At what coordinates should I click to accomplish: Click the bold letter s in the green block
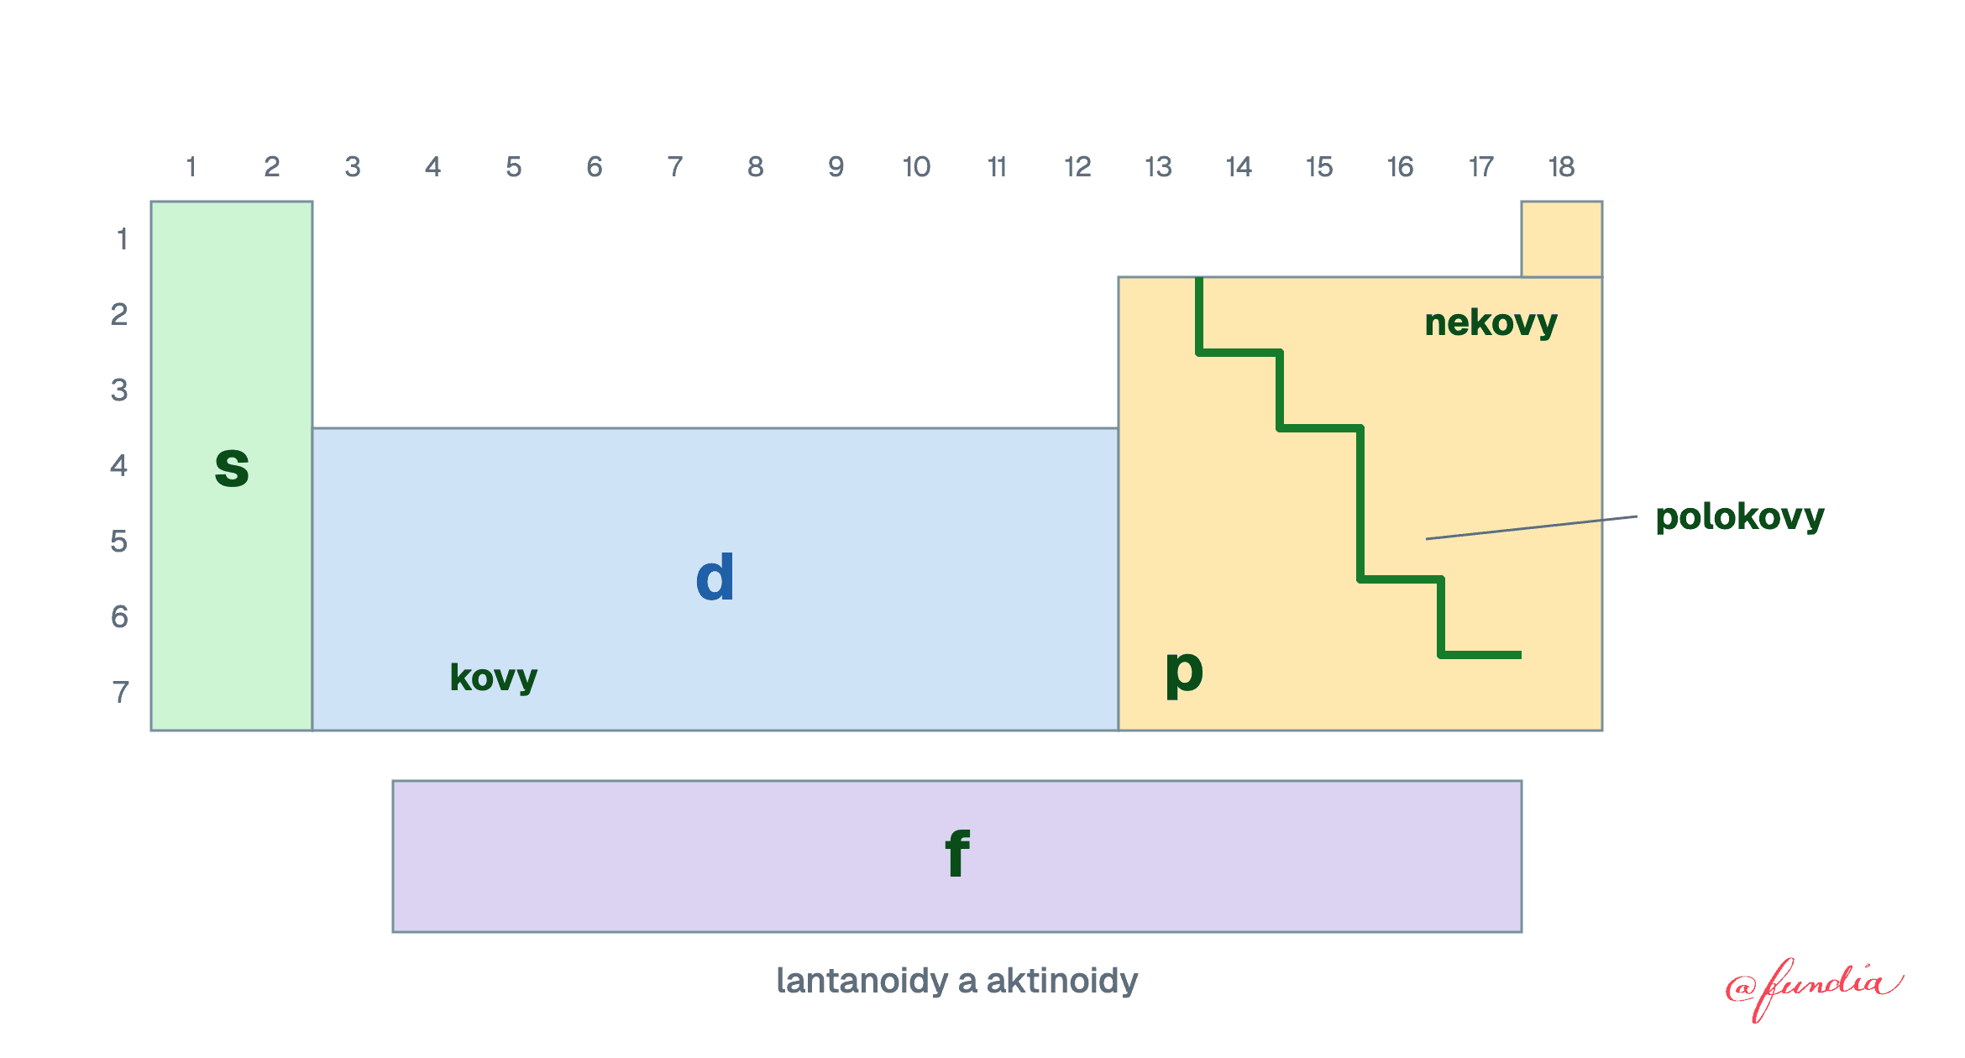[232, 467]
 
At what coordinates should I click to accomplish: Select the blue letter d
[715, 577]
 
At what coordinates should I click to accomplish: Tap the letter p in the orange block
[1184, 673]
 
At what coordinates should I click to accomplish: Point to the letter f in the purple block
[957, 853]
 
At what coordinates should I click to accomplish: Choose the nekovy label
[1491, 323]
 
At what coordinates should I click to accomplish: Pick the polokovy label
[1740, 517]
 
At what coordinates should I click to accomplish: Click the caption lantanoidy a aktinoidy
[957, 981]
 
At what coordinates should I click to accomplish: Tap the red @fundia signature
[1814, 988]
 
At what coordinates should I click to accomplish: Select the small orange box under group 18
[1562, 239]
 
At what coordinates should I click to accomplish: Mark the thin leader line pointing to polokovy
[1532, 527]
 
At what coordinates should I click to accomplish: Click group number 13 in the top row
[1158, 167]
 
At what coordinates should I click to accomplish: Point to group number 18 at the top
[1561, 167]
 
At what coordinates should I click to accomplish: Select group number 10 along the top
[916, 167]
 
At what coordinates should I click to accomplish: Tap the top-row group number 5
[514, 167]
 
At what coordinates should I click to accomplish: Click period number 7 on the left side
[121, 692]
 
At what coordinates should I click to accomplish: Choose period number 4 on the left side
[119, 465]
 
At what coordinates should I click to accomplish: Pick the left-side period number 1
[123, 239]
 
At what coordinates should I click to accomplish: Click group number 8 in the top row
[756, 167]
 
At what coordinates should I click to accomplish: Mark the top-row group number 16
[1400, 167]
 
